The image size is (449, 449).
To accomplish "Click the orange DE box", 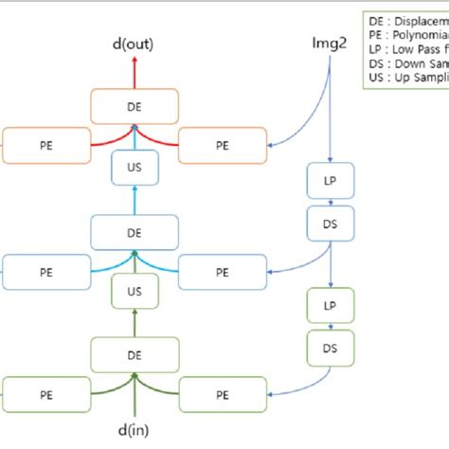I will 134,106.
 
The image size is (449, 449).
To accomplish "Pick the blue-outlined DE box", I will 134,230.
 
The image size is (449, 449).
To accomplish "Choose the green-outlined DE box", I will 134,355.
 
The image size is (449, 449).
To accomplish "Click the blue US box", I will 134,168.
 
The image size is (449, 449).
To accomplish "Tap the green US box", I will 134,292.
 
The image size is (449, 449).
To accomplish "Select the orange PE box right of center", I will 223,146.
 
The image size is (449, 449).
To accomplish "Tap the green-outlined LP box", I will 330,306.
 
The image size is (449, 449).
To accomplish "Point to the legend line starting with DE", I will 408,19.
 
